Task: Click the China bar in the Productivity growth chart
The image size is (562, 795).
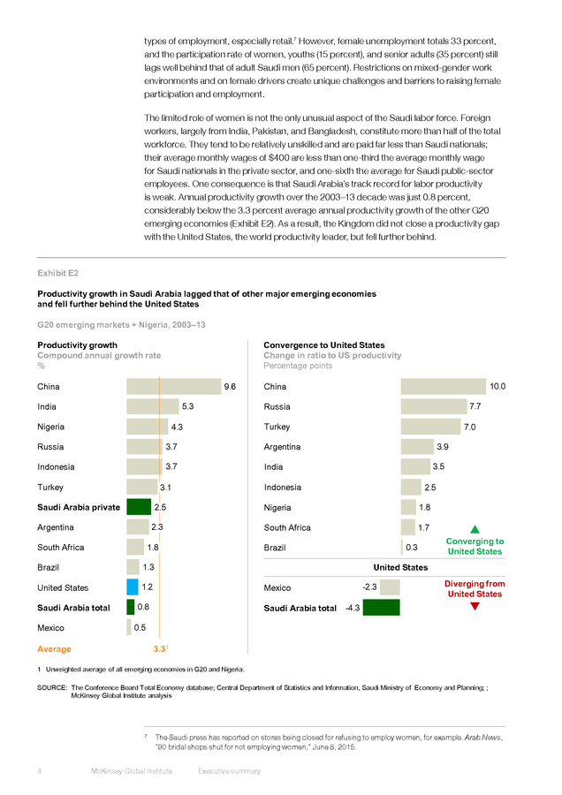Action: (x=174, y=386)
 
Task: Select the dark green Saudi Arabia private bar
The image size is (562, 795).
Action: (x=139, y=507)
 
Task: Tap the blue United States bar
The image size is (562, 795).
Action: (x=133, y=587)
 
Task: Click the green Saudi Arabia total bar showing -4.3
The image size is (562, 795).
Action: (x=382, y=608)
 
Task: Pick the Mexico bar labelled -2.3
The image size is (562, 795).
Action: (x=390, y=587)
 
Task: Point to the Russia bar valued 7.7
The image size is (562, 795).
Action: (x=434, y=406)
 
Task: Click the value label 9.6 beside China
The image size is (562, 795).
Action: (x=230, y=386)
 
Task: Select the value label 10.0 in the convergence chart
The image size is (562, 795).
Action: (x=497, y=386)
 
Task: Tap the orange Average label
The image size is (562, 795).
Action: (x=54, y=649)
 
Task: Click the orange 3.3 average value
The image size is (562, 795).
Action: (x=159, y=649)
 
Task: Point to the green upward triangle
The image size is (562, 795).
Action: (x=475, y=529)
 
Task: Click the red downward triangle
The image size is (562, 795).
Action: (x=475, y=606)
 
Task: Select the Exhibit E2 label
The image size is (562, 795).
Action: (x=57, y=273)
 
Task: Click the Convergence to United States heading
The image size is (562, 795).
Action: (x=324, y=344)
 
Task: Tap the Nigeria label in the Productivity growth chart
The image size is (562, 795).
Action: (x=50, y=427)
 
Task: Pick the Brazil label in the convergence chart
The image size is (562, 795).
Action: (x=275, y=548)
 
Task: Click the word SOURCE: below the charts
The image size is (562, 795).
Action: (x=52, y=687)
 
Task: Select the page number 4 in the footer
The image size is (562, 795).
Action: (x=40, y=771)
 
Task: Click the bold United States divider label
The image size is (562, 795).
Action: (x=400, y=567)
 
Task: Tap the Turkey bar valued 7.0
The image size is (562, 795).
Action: (x=430, y=427)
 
